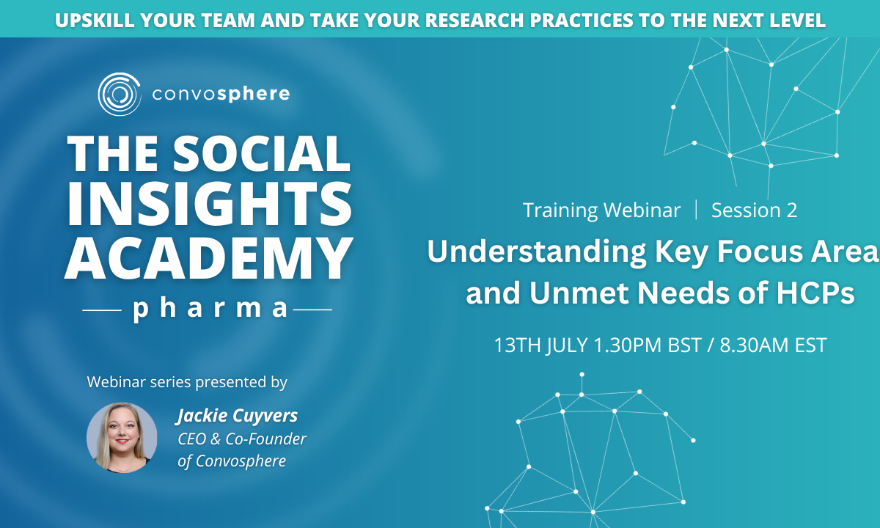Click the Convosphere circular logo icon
[119, 94]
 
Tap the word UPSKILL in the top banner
[95, 21]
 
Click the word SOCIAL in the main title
[262, 153]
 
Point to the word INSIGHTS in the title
[210, 204]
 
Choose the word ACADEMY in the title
[208, 257]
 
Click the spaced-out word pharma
[210, 309]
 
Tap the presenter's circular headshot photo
[122, 437]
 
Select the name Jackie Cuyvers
[237, 416]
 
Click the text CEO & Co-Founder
[241, 439]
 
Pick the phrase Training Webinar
[601, 210]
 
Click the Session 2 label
[755, 210]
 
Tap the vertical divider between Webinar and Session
[696, 210]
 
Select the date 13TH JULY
[540, 345]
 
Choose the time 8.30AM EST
[773, 345]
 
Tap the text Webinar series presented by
[187, 382]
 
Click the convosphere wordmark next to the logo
[221, 95]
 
